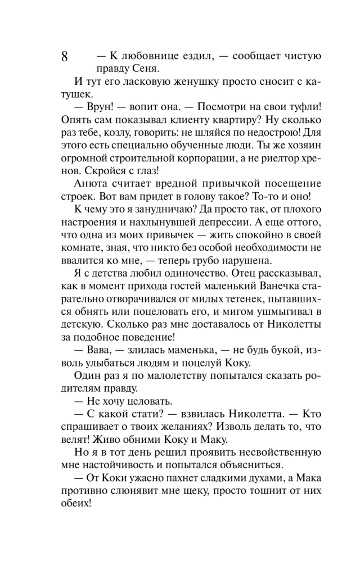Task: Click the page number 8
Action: tap(64, 56)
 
